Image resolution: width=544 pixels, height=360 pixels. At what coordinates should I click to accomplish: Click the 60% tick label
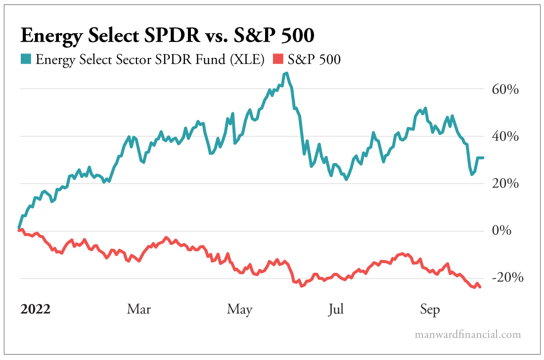[x=505, y=90]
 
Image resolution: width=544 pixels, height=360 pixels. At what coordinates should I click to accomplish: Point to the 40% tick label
[x=505, y=137]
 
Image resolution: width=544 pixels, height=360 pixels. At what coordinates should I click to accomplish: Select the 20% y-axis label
[x=505, y=184]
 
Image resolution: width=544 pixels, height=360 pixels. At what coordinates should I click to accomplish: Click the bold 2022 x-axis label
[x=35, y=310]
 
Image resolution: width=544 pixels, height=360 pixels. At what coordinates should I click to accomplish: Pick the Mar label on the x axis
[x=139, y=310]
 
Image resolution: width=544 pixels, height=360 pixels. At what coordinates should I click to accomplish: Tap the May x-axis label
[x=240, y=310]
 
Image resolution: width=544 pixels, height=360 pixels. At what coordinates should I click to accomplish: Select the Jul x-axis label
[x=336, y=310]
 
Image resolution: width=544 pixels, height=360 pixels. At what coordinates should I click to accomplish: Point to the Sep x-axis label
[x=430, y=310]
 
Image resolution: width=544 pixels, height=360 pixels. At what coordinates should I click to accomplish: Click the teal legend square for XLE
[x=26, y=60]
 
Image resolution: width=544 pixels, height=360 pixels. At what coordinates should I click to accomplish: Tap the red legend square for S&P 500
[x=278, y=60]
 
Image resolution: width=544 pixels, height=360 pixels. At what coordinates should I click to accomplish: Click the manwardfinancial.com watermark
[x=467, y=335]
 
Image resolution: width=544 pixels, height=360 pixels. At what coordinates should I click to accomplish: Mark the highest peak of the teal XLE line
[x=286, y=73]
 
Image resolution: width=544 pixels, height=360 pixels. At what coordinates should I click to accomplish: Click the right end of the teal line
[x=483, y=158]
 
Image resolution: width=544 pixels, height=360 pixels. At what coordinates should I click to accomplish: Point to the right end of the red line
[x=480, y=287]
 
